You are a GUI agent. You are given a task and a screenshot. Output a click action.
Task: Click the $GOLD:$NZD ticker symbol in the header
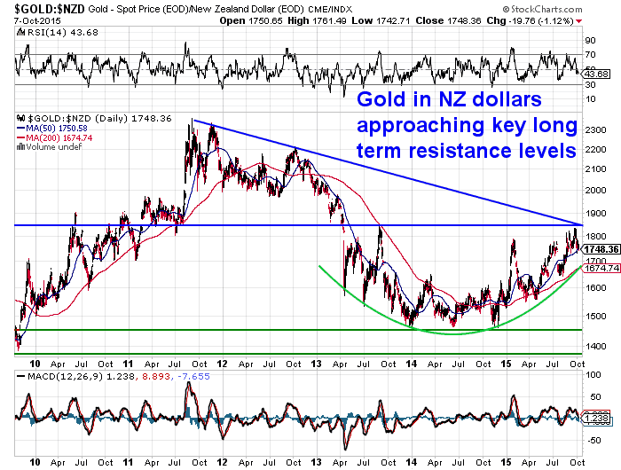[x=38, y=7]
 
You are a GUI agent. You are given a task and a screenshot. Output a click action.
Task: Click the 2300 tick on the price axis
[x=595, y=129]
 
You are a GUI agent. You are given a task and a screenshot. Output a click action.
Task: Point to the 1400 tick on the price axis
[x=595, y=346]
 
